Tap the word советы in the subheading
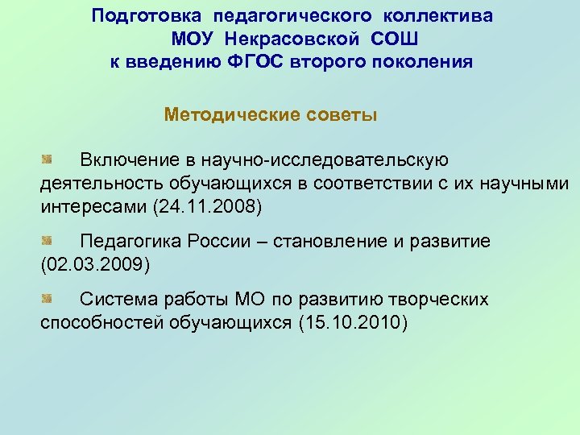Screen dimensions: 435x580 click(342, 114)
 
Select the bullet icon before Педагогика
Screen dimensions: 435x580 click(47, 239)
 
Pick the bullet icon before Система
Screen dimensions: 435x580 click(47, 298)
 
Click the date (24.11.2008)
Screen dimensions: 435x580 click(207, 206)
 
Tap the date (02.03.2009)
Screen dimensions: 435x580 click(95, 264)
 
